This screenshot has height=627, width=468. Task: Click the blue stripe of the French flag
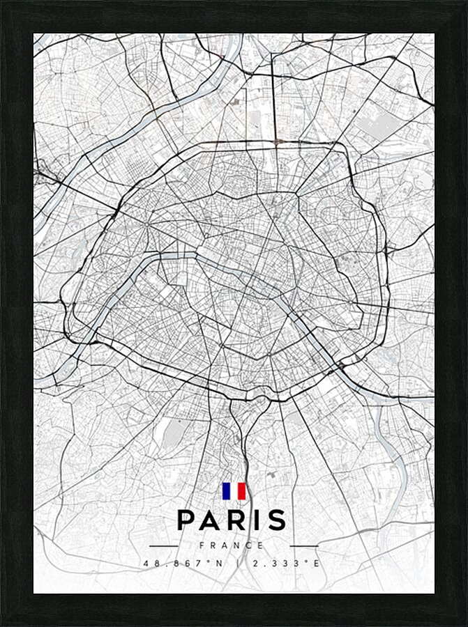[x=226, y=491]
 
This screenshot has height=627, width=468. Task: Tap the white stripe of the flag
[x=234, y=491]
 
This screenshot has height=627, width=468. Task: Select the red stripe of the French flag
[x=242, y=491]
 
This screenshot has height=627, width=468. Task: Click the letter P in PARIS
[x=186, y=520]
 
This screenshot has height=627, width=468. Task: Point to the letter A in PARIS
[x=210, y=520]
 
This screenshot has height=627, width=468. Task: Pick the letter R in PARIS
[x=236, y=520]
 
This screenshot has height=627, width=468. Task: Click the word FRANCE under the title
[x=232, y=545]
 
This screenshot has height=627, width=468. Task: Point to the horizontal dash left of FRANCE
[x=165, y=545]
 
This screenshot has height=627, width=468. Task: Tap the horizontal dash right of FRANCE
[x=303, y=545]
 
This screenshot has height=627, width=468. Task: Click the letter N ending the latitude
[x=222, y=563]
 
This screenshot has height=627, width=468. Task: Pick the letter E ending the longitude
[x=317, y=563]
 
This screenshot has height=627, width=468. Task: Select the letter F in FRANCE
[x=202, y=545]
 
